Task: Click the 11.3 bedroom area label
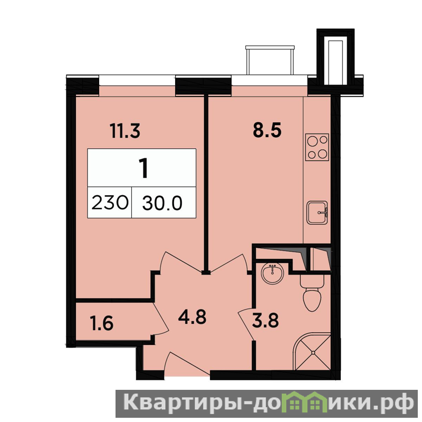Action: click(125, 131)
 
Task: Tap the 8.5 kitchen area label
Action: click(267, 130)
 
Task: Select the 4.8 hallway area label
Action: click(192, 317)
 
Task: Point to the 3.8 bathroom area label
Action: click(265, 320)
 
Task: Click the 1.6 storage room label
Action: click(102, 323)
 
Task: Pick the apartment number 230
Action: click(110, 203)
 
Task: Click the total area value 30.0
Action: click(162, 203)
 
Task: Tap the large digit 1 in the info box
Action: click(143, 168)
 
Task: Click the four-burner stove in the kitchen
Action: click(317, 147)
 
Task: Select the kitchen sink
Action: click(318, 213)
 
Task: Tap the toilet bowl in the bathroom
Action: click(312, 293)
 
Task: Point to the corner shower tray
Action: click(312, 352)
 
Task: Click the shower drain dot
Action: click(313, 352)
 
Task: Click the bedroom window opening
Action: click(137, 80)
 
